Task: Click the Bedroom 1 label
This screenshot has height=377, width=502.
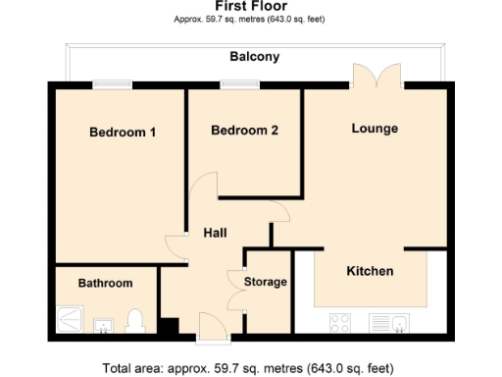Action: coord(123,133)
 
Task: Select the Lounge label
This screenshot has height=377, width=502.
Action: coord(376,129)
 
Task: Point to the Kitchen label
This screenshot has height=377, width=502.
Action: coord(371,271)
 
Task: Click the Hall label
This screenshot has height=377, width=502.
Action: coord(215,233)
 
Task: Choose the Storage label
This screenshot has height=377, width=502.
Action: coord(266,282)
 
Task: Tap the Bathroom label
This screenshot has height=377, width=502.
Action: coord(105,283)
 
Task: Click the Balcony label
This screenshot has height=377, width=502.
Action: coord(255,57)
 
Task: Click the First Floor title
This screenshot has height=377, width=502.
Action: coord(250,6)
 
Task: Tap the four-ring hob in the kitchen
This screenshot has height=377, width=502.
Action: coord(342,321)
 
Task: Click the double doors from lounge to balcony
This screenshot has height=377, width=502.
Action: coord(376,79)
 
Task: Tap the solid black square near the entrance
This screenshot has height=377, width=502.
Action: coord(169,329)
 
